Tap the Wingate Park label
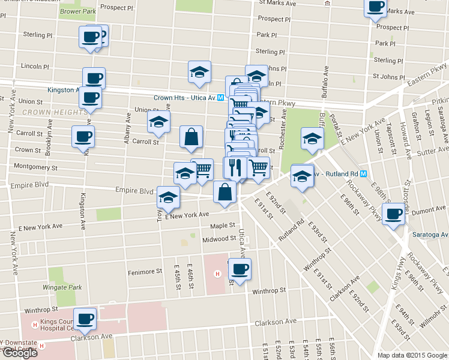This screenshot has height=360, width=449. click(67, 287)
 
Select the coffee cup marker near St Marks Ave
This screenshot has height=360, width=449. click(376, 7)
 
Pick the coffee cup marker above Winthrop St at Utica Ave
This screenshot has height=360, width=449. click(240, 269)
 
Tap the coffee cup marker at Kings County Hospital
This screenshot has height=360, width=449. click(85, 318)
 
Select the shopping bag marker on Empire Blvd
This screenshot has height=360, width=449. click(224, 193)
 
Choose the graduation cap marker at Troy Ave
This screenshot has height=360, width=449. click(168, 197)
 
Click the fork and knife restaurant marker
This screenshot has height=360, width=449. click(235, 166)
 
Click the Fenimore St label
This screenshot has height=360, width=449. click(145, 272)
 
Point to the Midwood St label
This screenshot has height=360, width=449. click(219, 238)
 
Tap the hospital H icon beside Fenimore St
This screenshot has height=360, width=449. click(217, 275)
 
